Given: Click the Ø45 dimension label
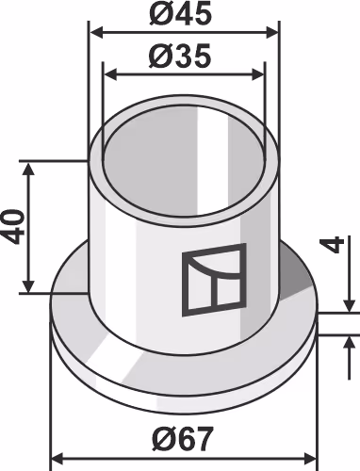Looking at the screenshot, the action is tap(180, 14).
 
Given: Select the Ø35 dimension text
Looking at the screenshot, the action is tap(180, 57).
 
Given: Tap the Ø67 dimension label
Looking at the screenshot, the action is tap(183, 439).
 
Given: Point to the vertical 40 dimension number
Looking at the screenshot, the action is tap(13, 227).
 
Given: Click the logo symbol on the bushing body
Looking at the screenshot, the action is tap(214, 280).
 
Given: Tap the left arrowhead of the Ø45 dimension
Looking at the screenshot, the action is tap(96, 32).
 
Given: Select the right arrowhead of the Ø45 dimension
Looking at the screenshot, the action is tap(272, 32).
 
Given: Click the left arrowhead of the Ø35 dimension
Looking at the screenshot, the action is tap(110, 75).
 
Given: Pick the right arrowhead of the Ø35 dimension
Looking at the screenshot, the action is tap(258, 75).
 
